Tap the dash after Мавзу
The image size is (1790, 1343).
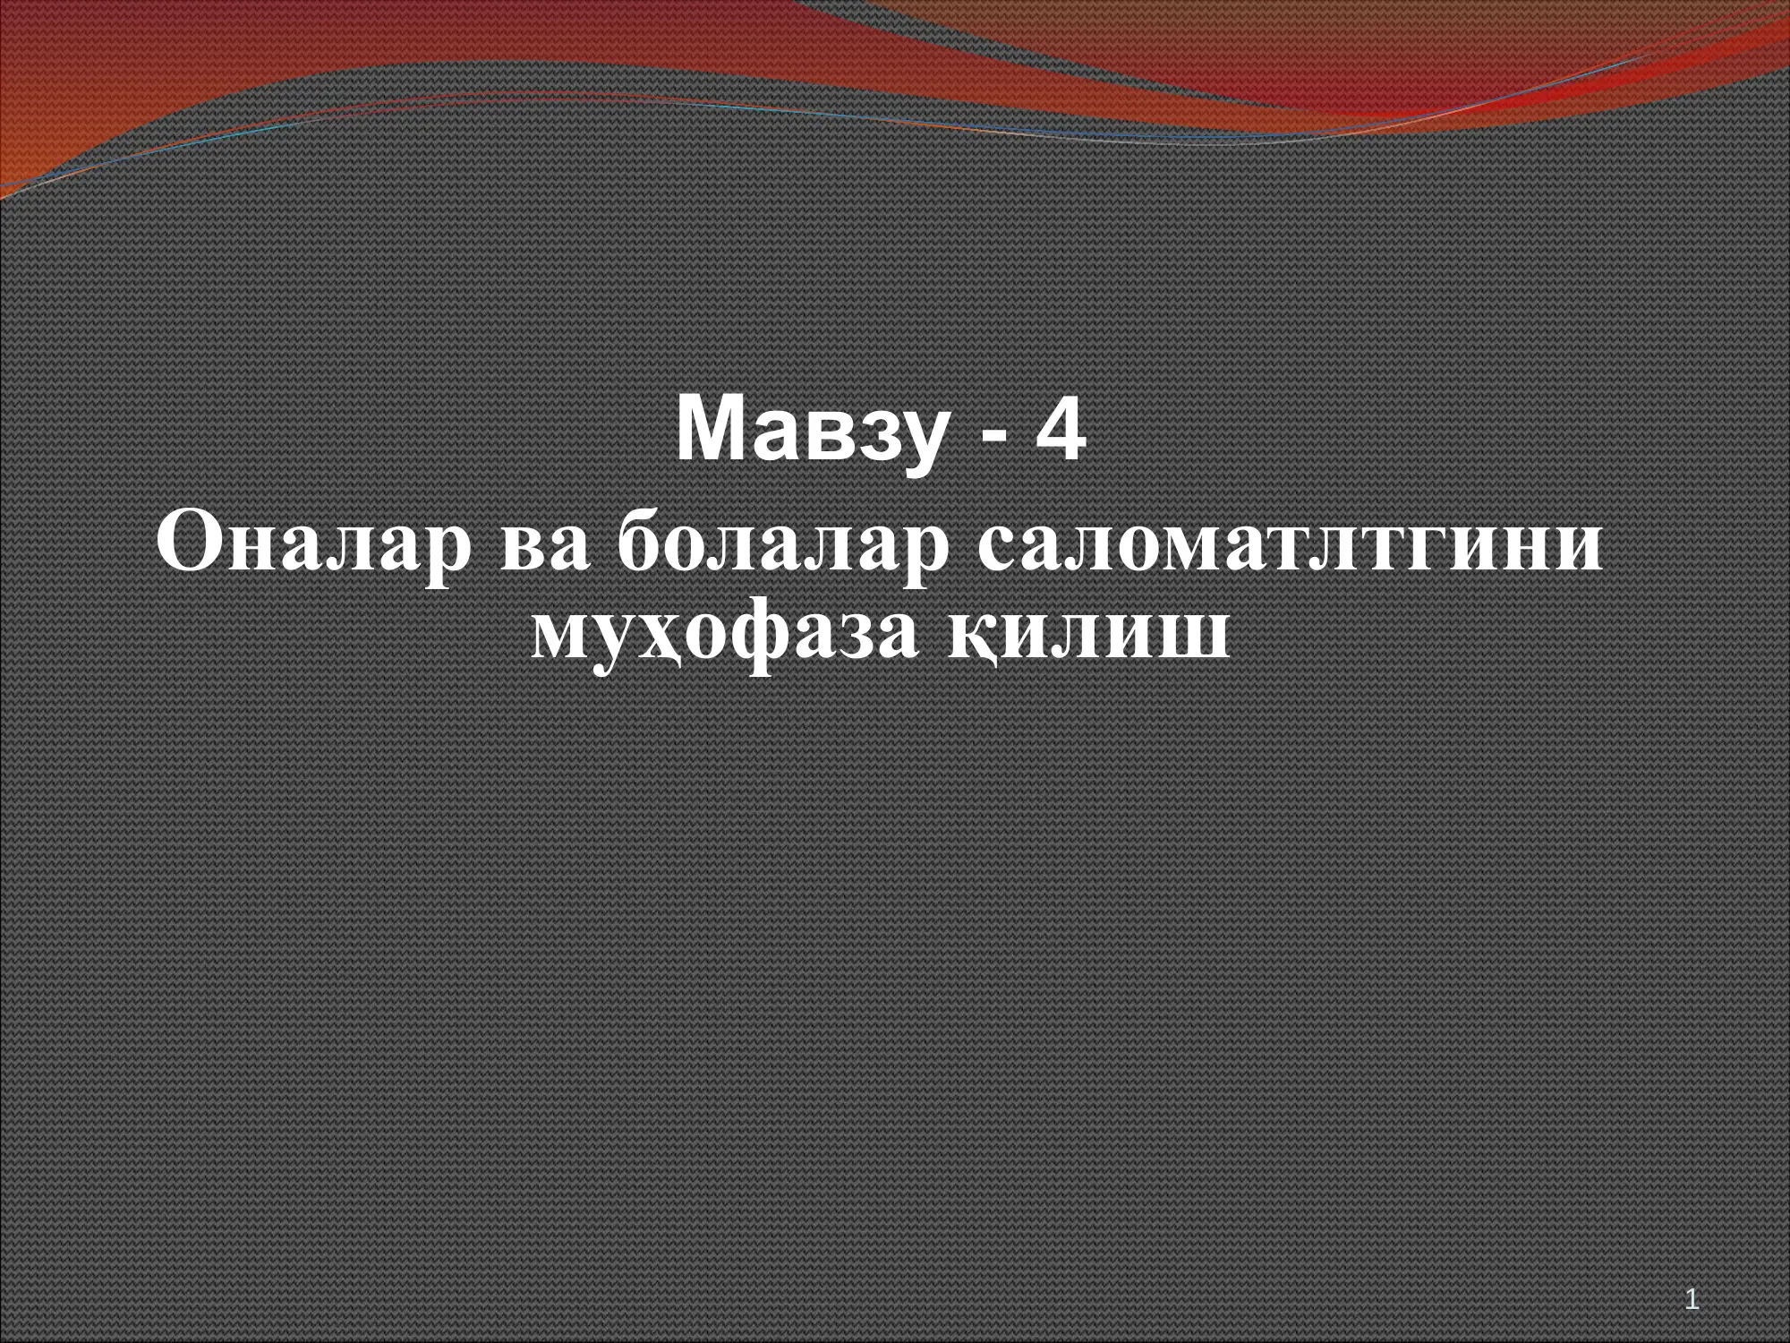(x=993, y=435)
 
